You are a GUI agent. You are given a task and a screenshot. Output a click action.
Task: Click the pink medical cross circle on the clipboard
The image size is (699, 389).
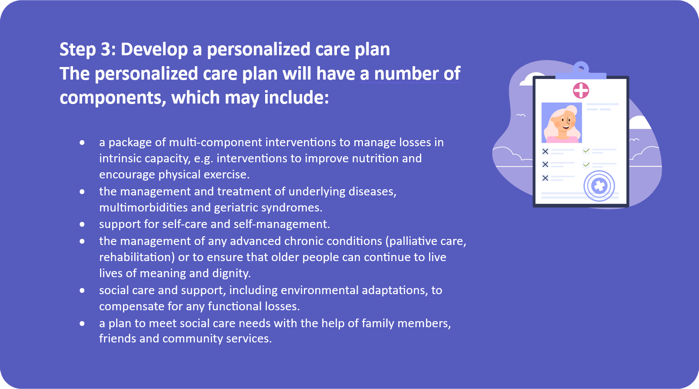(581, 91)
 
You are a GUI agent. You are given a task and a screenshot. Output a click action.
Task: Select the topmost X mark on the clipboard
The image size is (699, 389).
(545, 151)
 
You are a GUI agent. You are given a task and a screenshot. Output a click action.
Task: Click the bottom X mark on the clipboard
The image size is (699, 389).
(545, 178)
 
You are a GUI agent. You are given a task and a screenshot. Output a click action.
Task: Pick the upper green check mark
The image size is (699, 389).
(586, 151)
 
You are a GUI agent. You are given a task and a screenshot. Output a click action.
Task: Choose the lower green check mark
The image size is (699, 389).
(586, 164)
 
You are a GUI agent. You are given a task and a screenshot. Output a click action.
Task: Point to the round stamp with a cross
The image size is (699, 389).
(599, 186)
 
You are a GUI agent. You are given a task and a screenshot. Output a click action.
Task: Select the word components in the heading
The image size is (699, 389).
(113, 98)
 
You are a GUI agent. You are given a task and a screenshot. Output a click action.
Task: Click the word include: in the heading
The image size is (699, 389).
(296, 97)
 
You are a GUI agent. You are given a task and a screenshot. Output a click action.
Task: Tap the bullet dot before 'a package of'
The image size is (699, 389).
(82, 143)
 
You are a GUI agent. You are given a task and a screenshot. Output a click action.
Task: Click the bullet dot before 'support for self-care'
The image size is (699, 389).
(82, 225)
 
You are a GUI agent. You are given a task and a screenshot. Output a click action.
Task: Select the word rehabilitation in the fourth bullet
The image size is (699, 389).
(137, 257)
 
